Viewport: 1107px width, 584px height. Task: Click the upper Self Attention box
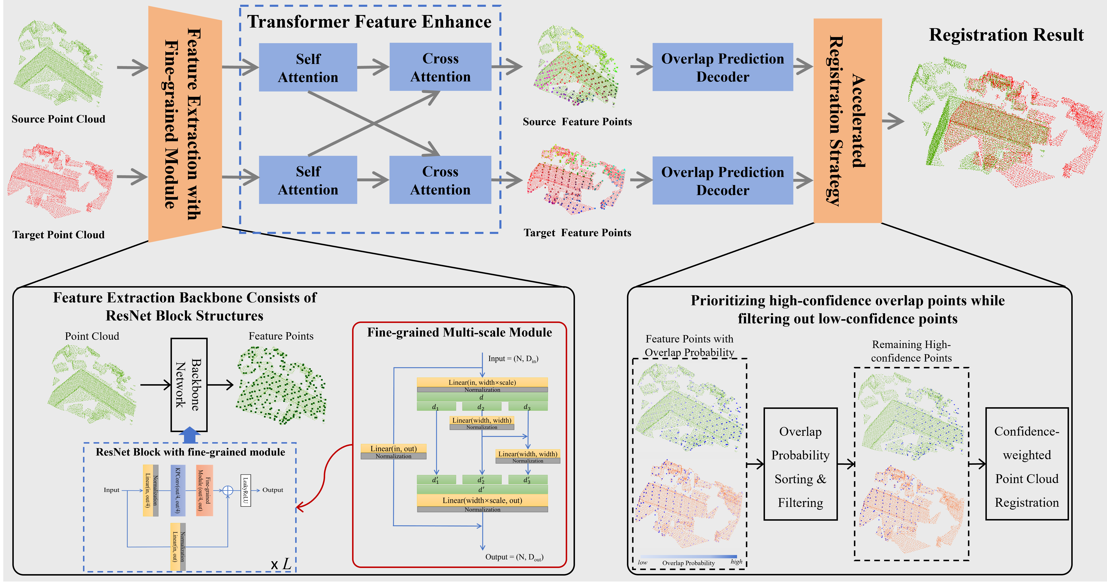click(x=308, y=67)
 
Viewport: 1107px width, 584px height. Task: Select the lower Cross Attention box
click(x=440, y=180)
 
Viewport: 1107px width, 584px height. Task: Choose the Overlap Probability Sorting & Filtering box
click(x=800, y=464)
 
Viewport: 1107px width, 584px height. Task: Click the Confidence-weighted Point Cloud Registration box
click(x=1027, y=464)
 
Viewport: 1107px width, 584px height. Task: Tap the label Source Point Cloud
click(x=59, y=119)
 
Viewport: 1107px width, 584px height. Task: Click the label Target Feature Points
click(x=577, y=233)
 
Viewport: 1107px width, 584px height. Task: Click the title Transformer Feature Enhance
click(x=369, y=22)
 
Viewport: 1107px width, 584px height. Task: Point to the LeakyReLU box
click(x=245, y=490)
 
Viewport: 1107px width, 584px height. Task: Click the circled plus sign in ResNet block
click(x=228, y=490)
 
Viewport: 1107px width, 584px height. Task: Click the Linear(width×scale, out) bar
click(x=482, y=501)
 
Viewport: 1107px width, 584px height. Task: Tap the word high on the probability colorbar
click(x=736, y=562)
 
